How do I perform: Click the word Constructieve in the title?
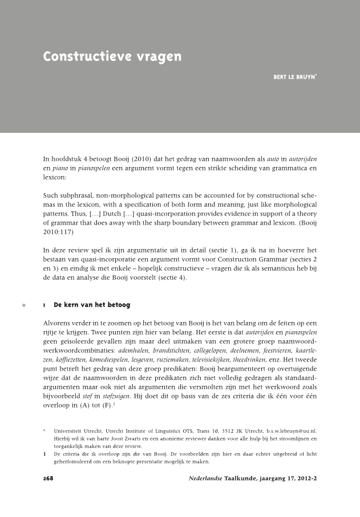[x=82, y=57]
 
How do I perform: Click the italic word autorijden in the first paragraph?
[x=302, y=156]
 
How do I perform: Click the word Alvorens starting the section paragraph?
[x=58, y=323]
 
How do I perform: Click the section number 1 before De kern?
[x=45, y=306]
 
